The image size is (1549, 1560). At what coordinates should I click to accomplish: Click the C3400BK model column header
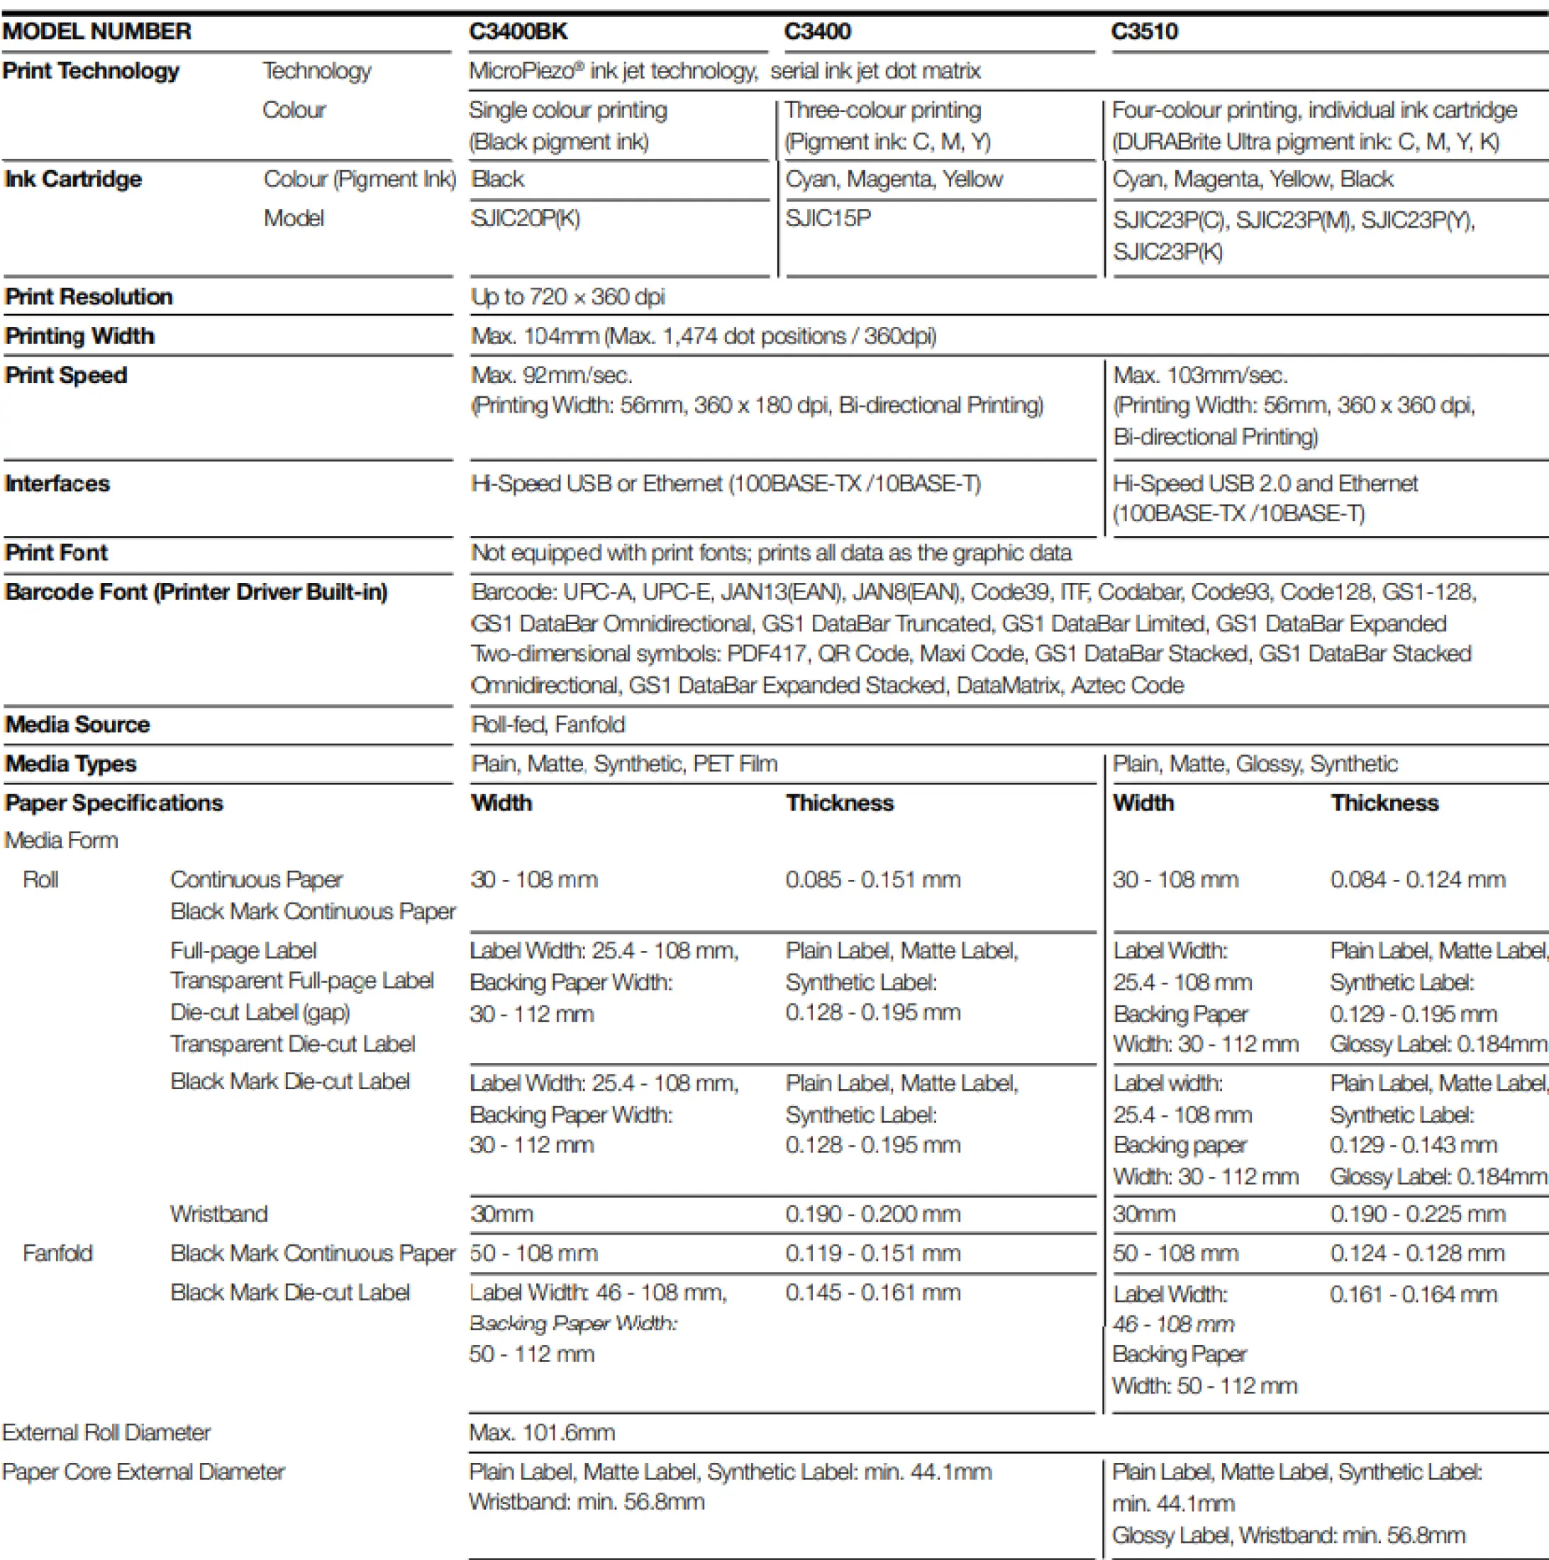(x=518, y=31)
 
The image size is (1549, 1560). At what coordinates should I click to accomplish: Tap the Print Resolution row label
(x=89, y=296)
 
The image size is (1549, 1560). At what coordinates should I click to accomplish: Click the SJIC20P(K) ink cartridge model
(x=525, y=218)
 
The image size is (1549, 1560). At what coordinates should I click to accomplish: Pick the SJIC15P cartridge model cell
(x=828, y=218)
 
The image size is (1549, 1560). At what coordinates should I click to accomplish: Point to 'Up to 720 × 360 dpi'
(x=567, y=296)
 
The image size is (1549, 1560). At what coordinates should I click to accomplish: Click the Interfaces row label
(x=57, y=483)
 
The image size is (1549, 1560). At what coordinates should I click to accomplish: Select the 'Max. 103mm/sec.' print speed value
(x=1200, y=374)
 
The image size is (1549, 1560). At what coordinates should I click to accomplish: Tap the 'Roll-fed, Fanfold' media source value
(x=548, y=723)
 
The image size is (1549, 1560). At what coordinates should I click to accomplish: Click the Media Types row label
(x=71, y=763)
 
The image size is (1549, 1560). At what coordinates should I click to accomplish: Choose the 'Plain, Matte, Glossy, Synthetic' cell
(x=1254, y=763)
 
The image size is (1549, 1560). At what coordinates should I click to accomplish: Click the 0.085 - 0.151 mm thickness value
(x=872, y=879)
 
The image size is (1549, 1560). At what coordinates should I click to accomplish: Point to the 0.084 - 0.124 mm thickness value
(x=1417, y=879)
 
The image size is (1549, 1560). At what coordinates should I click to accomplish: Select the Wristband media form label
(x=219, y=1213)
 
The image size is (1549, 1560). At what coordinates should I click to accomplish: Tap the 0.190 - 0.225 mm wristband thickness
(x=1417, y=1213)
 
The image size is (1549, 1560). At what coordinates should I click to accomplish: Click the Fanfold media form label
(x=57, y=1252)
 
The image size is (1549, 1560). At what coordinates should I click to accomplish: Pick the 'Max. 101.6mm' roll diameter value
(x=542, y=1432)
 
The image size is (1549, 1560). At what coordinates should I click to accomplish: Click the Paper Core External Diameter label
(x=143, y=1471)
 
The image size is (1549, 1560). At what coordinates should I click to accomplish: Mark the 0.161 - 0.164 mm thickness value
(x=1414, y=1293)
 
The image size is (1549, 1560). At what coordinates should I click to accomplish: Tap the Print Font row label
(x=57, y=552)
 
